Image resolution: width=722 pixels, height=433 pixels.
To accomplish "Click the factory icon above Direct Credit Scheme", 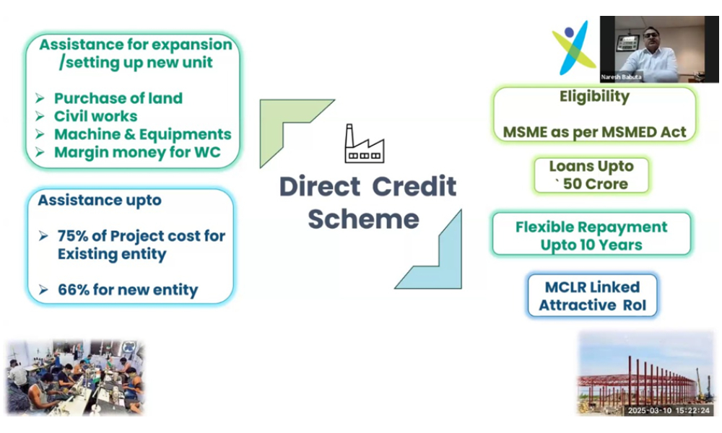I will [365, 144].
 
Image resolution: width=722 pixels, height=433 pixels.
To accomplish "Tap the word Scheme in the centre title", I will [363, 218].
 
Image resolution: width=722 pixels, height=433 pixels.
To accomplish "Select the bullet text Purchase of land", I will [118, 98].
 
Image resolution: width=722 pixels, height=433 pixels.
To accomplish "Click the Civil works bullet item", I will [95, 116].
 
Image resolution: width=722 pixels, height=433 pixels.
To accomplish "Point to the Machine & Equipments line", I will [142, 134].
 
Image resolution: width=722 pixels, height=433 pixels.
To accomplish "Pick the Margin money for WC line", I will [137, 152].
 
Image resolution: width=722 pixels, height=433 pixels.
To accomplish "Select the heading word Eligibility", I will [594, 97].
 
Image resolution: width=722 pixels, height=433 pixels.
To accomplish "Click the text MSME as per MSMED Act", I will [594, 132].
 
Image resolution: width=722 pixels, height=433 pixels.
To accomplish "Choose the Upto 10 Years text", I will [591, 245].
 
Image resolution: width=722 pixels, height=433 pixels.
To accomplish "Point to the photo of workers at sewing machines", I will [76, 377].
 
